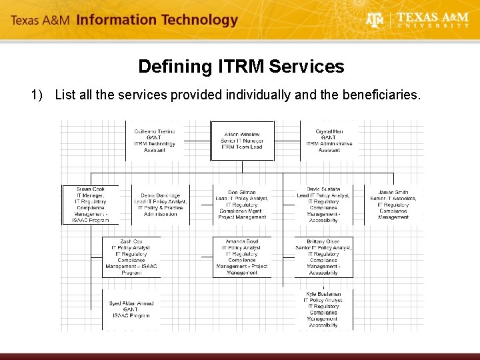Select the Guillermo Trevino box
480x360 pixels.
tap(154, 141)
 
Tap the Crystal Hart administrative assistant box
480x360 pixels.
tap(329, 141)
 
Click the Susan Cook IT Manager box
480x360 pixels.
tap(91, 205)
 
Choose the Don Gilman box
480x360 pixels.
tap(242, 205)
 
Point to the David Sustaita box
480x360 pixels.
tap(323, 205)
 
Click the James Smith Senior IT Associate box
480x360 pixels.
tap(393, 205)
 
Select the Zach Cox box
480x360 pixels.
tap(131, 257)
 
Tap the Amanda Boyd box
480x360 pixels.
tap(242, 257)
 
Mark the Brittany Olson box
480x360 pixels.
tap(323, 257)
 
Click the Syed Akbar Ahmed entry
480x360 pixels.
tap(131, 309)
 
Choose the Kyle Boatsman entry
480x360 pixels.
tap(323, 309)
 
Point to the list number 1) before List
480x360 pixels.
tap(37, 95)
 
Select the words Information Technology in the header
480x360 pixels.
tap(157, 20)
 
